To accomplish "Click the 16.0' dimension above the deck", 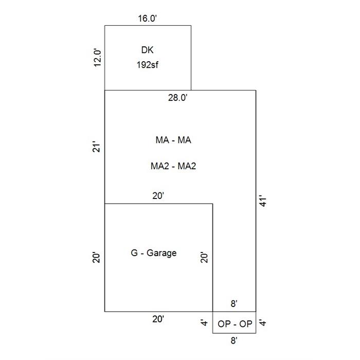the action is tap(148, 19).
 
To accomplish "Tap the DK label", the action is tap(147, 50).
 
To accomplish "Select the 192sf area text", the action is tap(148, 65).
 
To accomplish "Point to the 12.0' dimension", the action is tap(97, 58).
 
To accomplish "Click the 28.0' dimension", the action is tap(178, 98).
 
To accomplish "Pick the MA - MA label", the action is tap(173, 140).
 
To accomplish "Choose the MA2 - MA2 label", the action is tap(173, 166).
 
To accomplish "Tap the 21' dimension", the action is tap(97, 148).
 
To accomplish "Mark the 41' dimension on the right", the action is tap(263, 201).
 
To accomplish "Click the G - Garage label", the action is tap(154, 253).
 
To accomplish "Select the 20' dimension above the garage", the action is tap(158, 196).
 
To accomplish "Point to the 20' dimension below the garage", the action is tap(158, 319).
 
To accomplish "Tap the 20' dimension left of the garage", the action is tap(97, 258).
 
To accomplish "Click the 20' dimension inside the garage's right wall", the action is tap(204, 258).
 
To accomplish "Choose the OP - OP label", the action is tap(235, 323).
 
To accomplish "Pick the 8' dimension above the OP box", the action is tap(234, 304).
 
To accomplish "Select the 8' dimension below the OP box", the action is tap(234, 340).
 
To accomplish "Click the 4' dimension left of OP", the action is tap(204, 323).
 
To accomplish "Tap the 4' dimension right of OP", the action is tap(263, 323).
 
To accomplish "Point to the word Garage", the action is tap(161, 253).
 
